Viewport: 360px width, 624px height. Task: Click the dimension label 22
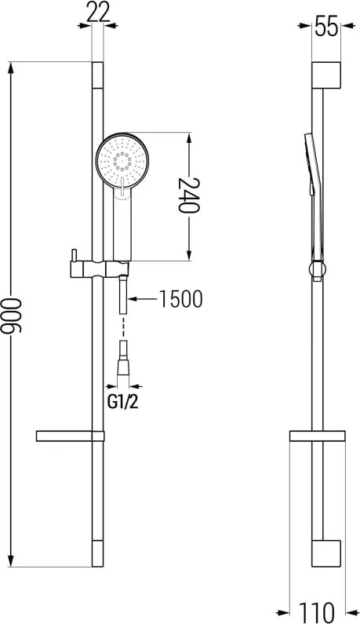98,13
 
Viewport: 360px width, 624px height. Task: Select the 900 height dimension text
11,315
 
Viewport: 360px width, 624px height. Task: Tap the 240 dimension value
188,195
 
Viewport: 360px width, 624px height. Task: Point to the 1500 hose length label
181,299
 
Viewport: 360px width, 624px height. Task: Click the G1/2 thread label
122,403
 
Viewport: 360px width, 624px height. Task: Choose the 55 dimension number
326,26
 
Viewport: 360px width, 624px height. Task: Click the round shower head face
122,160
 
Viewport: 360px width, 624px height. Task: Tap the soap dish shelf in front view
70,436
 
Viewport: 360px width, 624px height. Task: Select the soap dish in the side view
317,436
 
